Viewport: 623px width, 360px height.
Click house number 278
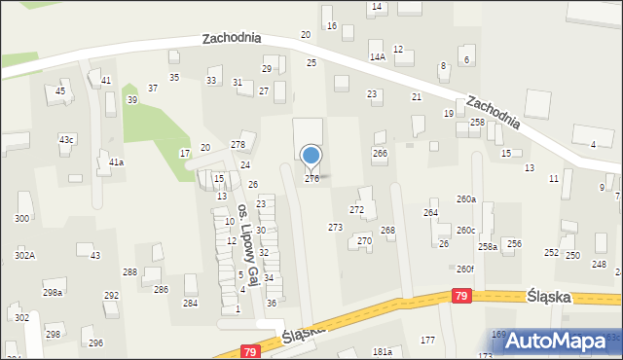click(238, 145)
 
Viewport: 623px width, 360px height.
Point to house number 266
click(380, 154)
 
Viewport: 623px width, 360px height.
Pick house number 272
click(357, 210)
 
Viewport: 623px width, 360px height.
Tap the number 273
click(335, 228)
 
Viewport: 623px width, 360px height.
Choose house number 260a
click(466, 199)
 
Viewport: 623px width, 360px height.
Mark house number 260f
click(465, 270)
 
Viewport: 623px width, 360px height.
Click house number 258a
click(488, 247)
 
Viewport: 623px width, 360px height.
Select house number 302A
click(24, 255)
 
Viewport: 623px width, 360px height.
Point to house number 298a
click(53, 293)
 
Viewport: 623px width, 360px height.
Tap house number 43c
click(66, 140)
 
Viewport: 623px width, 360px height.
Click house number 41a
click(116, 162)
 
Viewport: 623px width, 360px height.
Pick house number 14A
click(378, 57)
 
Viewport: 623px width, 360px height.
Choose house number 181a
click(383, 352)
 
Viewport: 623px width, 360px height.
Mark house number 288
click(129, 272)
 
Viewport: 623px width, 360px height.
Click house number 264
click(430, 212)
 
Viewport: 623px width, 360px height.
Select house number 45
click(60, 91)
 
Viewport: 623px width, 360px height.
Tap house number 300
click(21, 219)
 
